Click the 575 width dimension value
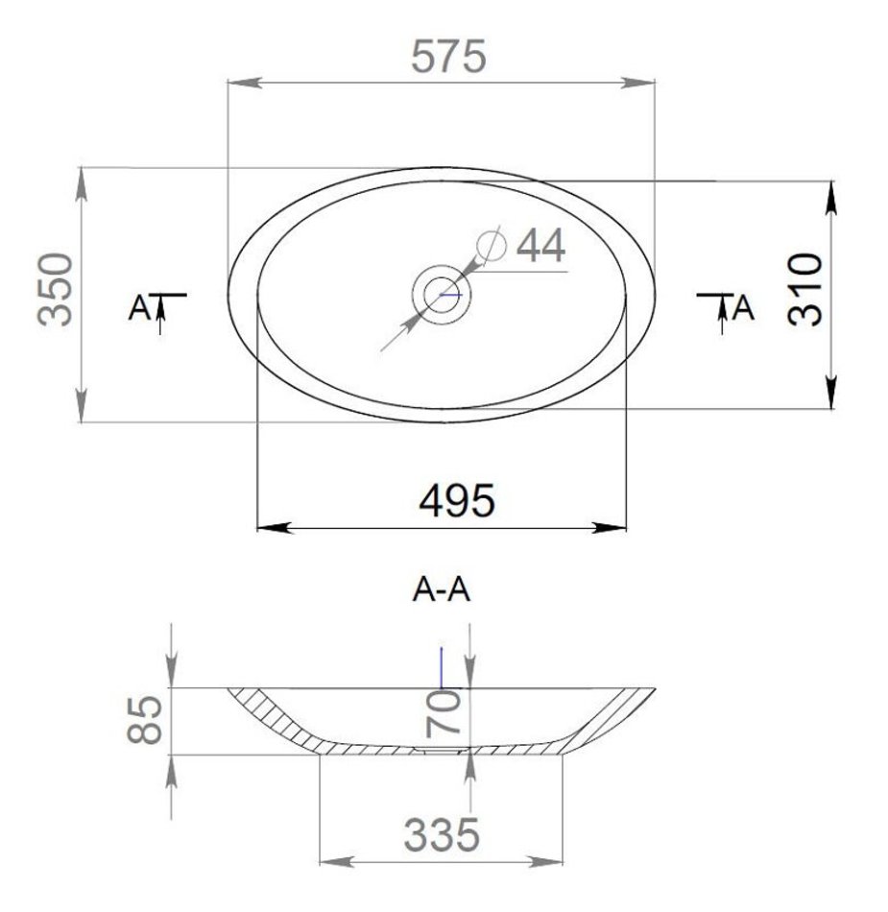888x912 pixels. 447,57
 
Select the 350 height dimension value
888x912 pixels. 56,289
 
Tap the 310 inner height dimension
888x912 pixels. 805,289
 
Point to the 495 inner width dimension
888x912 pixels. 457,501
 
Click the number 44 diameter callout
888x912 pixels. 540,246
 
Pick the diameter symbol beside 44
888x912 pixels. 492,245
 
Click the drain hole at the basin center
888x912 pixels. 442,295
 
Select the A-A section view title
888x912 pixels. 442,590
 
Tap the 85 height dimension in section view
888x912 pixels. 144,719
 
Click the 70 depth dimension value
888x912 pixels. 444,715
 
